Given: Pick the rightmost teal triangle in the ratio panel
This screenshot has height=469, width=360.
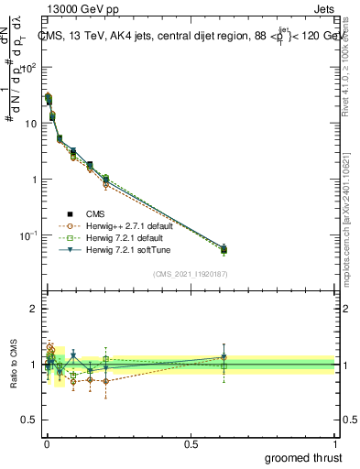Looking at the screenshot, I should (x=224, y=357).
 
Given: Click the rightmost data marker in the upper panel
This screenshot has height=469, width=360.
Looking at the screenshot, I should (x=224, y=248).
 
